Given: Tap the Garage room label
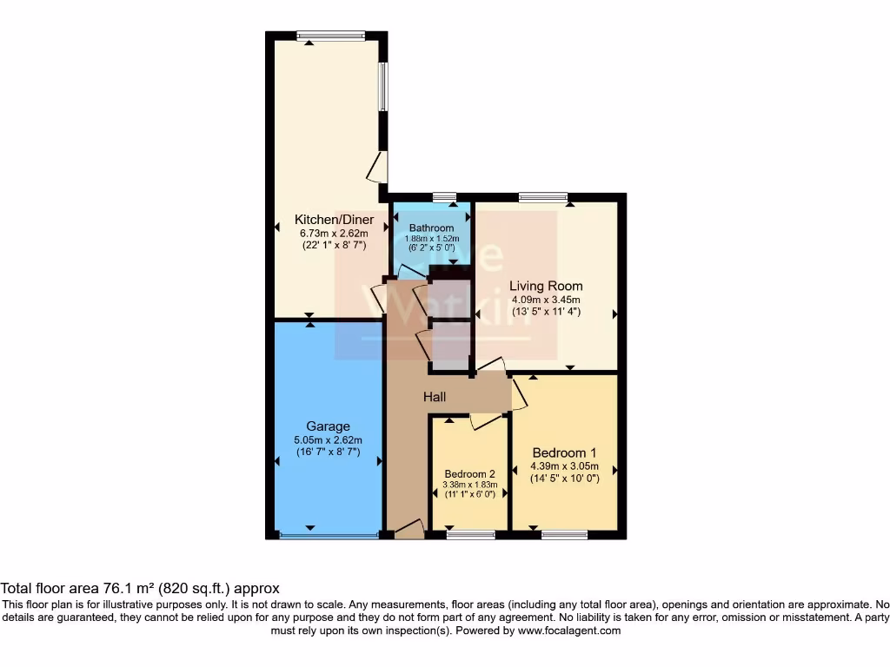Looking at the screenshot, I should tap(328, 426).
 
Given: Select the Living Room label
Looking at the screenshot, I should tap(546, 286).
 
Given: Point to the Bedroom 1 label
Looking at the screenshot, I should tap(564, 452).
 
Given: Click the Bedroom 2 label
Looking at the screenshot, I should tap(469, 473).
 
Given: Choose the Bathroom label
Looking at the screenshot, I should tap(432, 228).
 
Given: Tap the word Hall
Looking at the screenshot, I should tap(435, 397).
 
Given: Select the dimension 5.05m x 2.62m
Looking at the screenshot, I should tap(328, 439).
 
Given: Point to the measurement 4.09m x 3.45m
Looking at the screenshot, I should tap(546, 300).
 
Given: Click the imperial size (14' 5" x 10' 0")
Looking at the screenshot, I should tap(564, 479).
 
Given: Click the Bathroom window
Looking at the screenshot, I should tap(444, 197).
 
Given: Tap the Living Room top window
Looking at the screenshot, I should tap(543, 197).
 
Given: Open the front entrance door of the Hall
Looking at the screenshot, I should tap(408, 529).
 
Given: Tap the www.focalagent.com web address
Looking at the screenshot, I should tap(568, 631).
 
